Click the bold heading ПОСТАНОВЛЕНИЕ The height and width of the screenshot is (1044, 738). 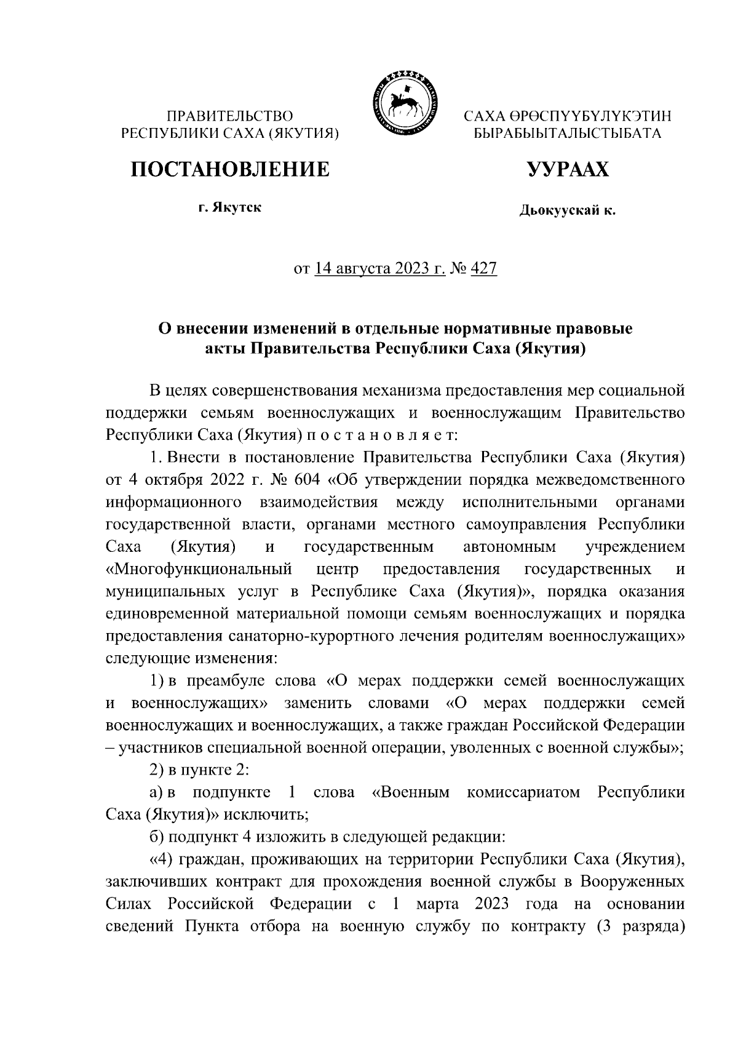pos(229,169)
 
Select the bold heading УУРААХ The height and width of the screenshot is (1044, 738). pos(567,169)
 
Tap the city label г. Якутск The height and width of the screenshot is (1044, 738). pos(229,208)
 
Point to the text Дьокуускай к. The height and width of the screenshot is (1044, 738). pos(567,211)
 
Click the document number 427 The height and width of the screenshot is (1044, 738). pos(483,269)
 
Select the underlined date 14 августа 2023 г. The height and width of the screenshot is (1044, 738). pos(380,269)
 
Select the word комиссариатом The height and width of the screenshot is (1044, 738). pos(523,792)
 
